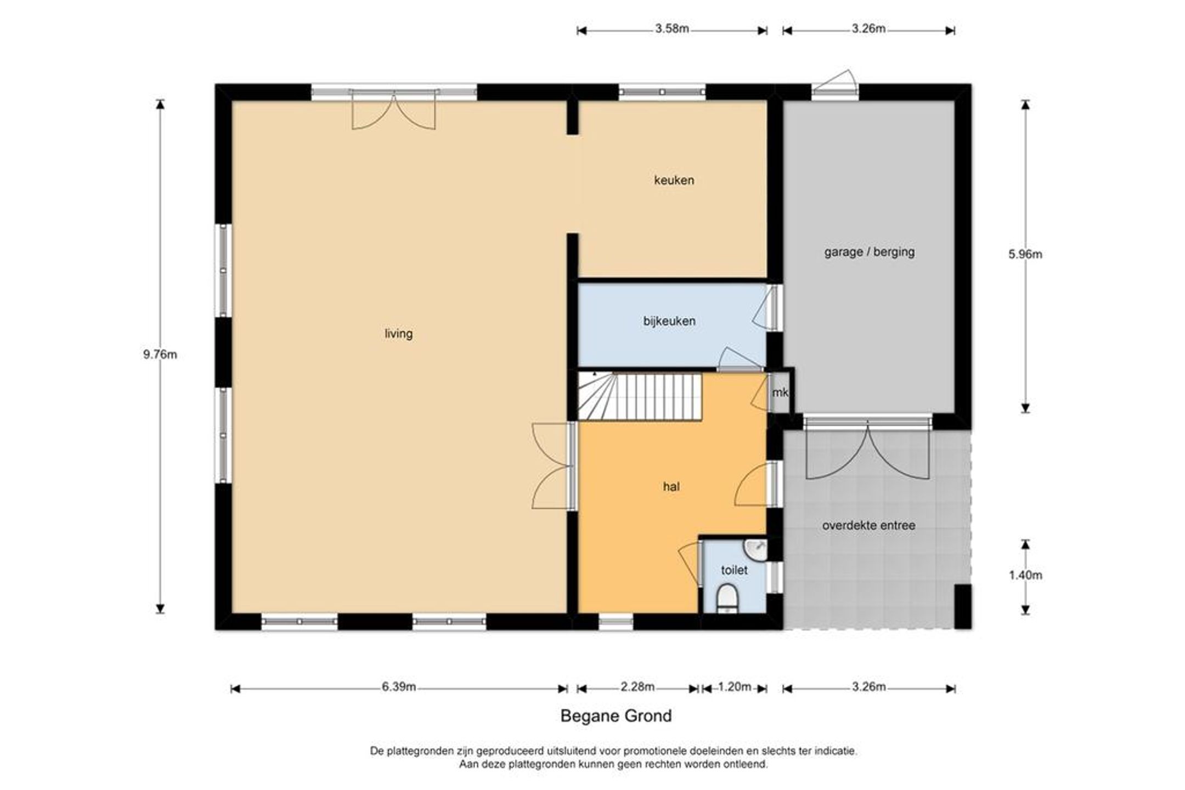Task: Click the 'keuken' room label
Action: pos(674,180)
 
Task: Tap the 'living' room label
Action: pos(399,334)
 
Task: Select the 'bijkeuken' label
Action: pos(669,321)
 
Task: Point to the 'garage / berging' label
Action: pos(870,252)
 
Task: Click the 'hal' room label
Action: pos(672,487)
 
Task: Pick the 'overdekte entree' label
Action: pos(868,526)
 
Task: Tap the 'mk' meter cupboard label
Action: pos(780,393)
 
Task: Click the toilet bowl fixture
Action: pos(727,598)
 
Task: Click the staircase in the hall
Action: pos(640,396)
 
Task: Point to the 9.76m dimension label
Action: pos(160,355)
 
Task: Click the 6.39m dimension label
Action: pos(399,687)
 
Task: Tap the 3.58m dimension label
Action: pos(672,29)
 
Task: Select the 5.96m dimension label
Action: pos(1025,254)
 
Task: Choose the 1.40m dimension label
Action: pos(1025,575)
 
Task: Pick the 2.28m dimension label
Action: pos(638,687)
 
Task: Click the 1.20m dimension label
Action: pos(734,687)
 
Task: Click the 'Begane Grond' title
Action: pos(616,716)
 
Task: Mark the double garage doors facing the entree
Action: pos(868,448)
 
